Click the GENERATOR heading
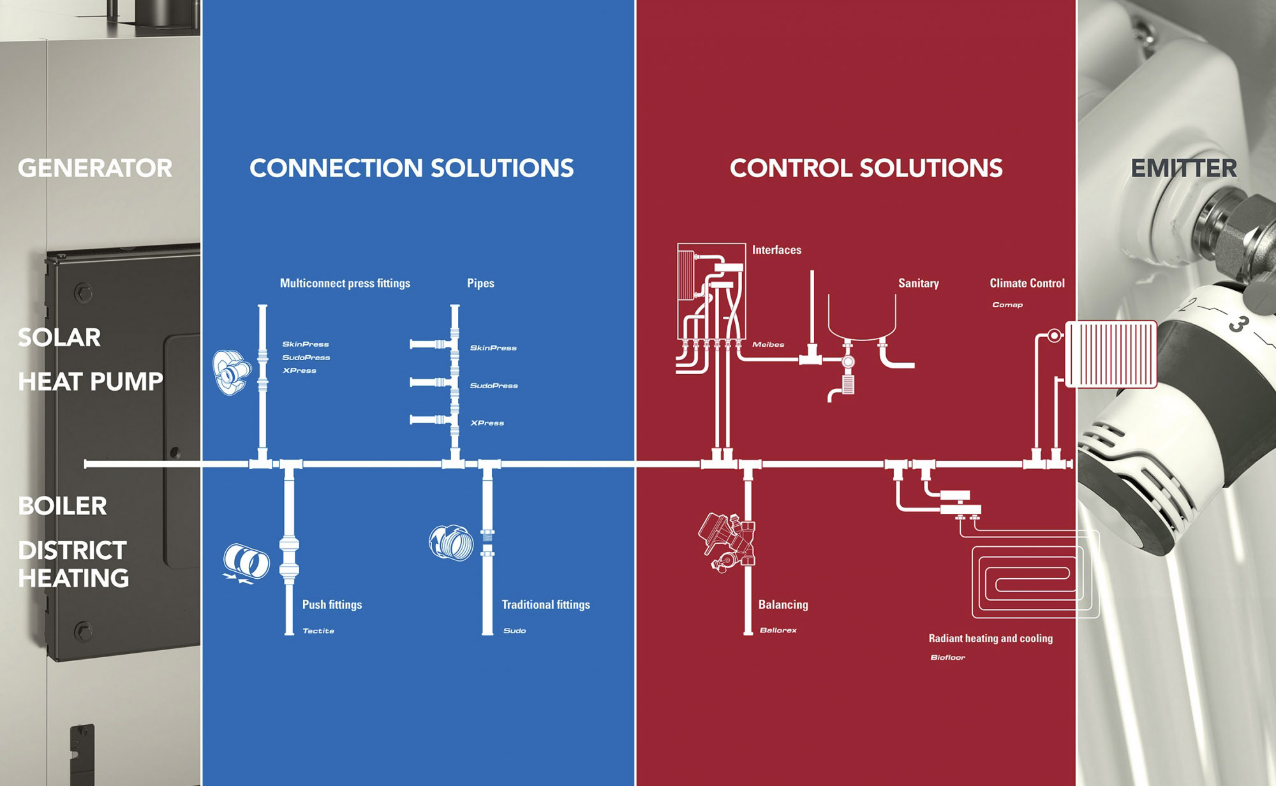[x=95, y=168]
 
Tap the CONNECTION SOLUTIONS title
[x=412, y=168]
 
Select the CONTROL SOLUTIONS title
[x=866, y=168]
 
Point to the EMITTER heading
[x=1183, y=168]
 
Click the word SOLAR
[x=59, y=337]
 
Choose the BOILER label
[x=63, y=506]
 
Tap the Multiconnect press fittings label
[x=345, y=283]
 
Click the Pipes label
[x=480, y=283]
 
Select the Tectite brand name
[x=318, y=631]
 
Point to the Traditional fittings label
[x=545, y=604]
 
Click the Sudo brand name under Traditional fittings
[x=514, y=631]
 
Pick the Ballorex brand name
[x=778, y=630]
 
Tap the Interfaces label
[x=776, y=250]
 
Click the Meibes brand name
[x=768, y=345]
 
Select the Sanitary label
[x=919, y=283]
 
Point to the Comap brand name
[x=1007, y=305]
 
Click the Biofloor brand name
[x=947, y=657]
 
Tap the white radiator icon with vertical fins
[x=1111, y=354]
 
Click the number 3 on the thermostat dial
[x=1237, y=324]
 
